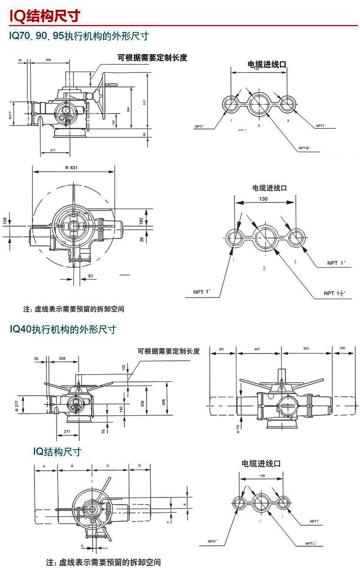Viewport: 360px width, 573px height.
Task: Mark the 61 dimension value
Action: (91, 276)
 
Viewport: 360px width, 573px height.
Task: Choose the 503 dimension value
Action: (306, 349)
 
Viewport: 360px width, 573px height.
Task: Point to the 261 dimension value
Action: (222, 349)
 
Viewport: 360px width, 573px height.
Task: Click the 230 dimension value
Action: (343, 349)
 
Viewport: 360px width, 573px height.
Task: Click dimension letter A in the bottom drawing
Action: (45, 466)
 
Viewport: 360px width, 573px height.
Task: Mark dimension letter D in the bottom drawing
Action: (139, 466)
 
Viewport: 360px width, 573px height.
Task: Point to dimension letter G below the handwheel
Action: (81, 545)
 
